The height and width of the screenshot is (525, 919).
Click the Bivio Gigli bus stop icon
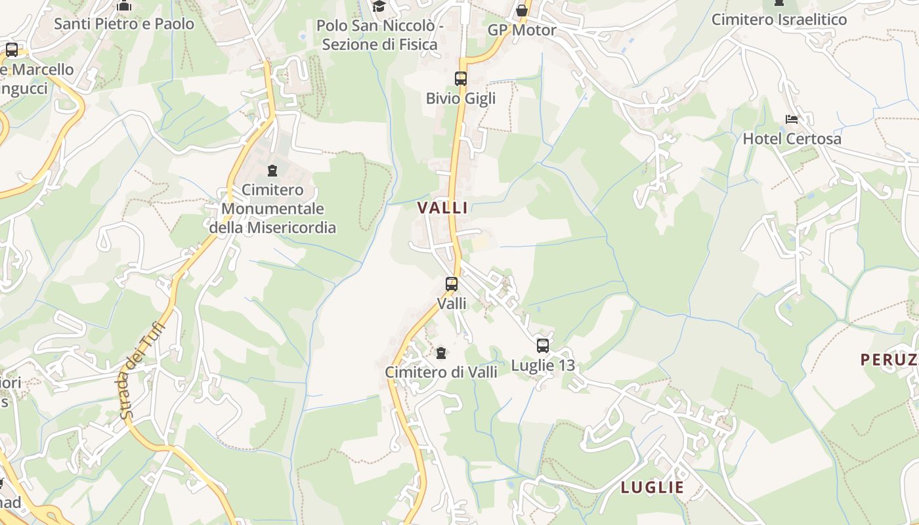(461, 79)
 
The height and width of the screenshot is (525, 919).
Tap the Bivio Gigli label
(461, 98)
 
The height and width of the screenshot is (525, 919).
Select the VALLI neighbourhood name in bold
(443, 208)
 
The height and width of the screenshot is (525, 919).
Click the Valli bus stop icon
(452, 284)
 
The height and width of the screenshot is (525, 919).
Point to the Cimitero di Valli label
(441, 372)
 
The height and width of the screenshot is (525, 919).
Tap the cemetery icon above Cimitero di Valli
(441, 353)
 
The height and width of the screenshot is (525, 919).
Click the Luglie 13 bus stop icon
(543, 346)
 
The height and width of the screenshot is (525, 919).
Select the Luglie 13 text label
(543, 366)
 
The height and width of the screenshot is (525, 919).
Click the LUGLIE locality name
(652, 488)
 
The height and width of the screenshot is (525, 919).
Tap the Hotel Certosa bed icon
(792, 119)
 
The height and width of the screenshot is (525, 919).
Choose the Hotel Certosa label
(792, 139)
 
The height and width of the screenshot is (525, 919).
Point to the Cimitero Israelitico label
(779, 20)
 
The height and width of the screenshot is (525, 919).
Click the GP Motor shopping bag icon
(522, 11)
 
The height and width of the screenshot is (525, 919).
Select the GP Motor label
(522, 30)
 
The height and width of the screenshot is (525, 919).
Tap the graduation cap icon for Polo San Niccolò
(379, 7)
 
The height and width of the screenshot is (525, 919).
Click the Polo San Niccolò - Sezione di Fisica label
(380, 35)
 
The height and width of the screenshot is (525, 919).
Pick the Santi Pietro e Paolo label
(124, 24)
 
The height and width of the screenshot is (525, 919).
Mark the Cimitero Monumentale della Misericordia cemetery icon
(272, 171)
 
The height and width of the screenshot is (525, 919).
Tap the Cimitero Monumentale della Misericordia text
(272, 209)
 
